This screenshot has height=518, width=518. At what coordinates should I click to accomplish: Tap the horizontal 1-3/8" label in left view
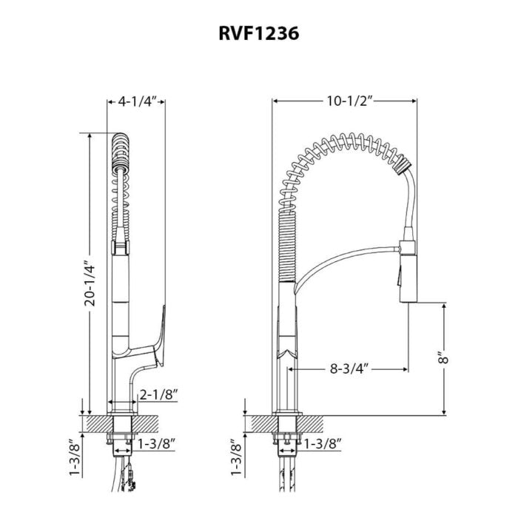point(155,443)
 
